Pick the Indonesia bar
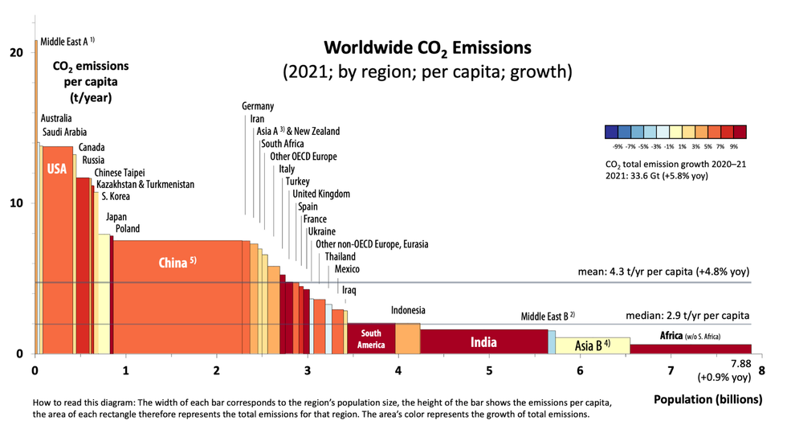tap(408, 338)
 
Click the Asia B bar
tap(593, 345)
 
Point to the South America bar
tap(371, 338)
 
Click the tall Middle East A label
tap(67, 39)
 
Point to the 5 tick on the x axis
tap(489, 370)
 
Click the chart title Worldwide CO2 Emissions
tap(426, 47)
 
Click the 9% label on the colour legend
tap(733, 147)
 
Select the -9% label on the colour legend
tap(617, 147)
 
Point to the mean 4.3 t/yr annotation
tap(664, 272)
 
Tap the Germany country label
tap(258, 106)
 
